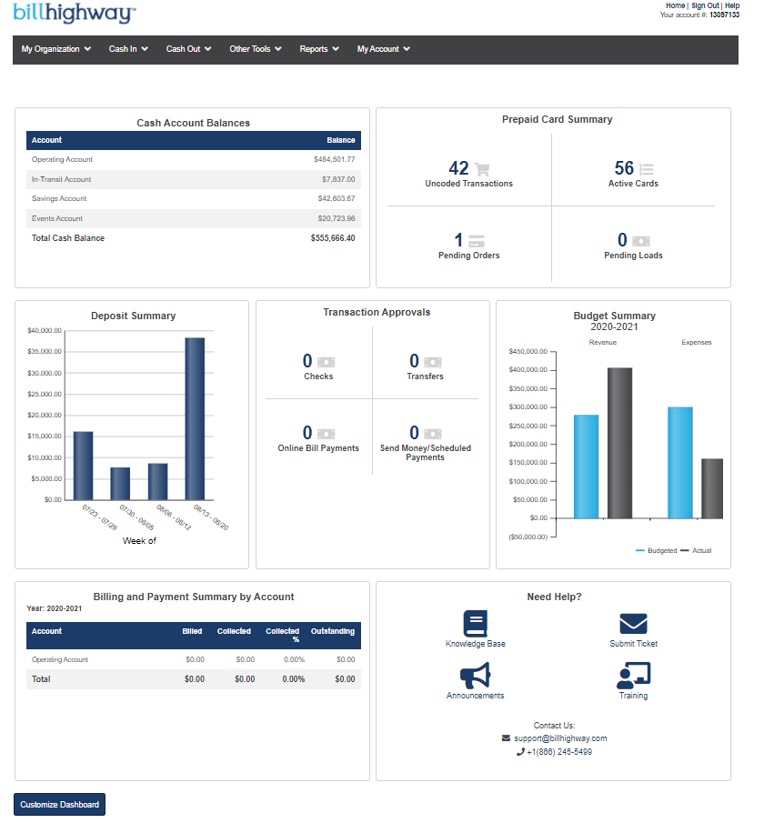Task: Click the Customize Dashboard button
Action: point(59,804)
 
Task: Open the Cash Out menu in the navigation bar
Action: point(188,49)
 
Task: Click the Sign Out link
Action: point(705,5)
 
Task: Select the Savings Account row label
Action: point(59,198)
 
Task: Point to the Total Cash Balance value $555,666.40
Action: point(332,238)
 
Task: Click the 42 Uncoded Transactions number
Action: point(459,168)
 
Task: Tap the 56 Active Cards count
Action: point(624,168)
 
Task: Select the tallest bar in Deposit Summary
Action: point(195,418)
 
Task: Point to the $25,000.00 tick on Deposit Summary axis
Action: point(45,394)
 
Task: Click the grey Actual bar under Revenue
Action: point(619,443)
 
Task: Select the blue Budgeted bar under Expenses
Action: point(679,462)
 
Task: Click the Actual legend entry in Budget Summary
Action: point(701,550)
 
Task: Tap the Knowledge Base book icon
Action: point(476,624)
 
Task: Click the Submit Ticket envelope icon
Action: point(633,624)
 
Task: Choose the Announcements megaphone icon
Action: point(475,676)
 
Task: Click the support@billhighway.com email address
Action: point(559,738)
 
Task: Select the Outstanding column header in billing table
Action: point(333,631)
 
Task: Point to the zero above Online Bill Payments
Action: point(307,433)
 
